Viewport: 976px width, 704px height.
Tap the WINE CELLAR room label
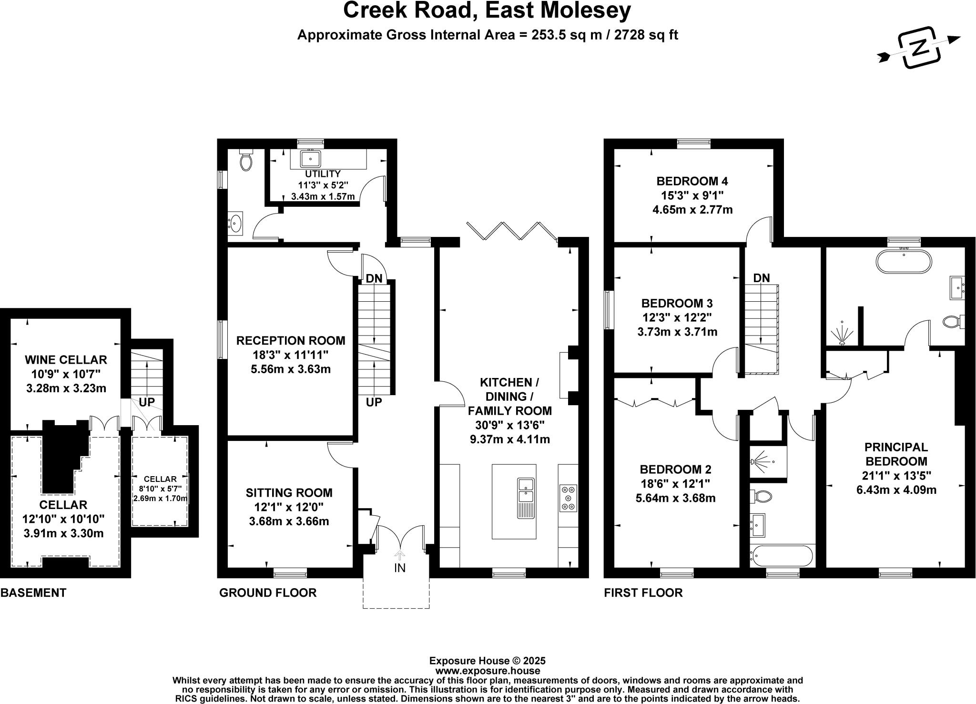click(x=66, y=359)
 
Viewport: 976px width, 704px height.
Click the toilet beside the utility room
click(x=246, y=160)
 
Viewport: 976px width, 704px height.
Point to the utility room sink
click(x=310, y=159)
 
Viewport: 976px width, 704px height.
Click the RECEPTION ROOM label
click(x=291, y=340)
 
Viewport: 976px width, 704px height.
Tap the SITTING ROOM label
click(x=289, y=493)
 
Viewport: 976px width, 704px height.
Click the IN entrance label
click(x=399, y=568)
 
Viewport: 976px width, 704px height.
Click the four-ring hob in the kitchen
click(x=568, y=498)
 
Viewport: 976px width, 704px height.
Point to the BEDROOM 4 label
click(x=692, y=181)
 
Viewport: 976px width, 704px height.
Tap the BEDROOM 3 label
click(x=677, y=303)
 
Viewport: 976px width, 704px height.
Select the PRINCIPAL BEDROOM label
click(x=896, y=454)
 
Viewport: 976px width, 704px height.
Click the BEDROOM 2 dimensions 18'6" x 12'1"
click(x=675, y=484)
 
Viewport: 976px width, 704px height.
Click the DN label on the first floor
click(x=762, y=278)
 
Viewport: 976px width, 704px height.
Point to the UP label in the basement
click(x=146, y=402)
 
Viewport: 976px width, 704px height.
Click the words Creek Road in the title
click(x=406, y=10)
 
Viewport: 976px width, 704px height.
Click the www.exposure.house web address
click(x=487, y=671)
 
